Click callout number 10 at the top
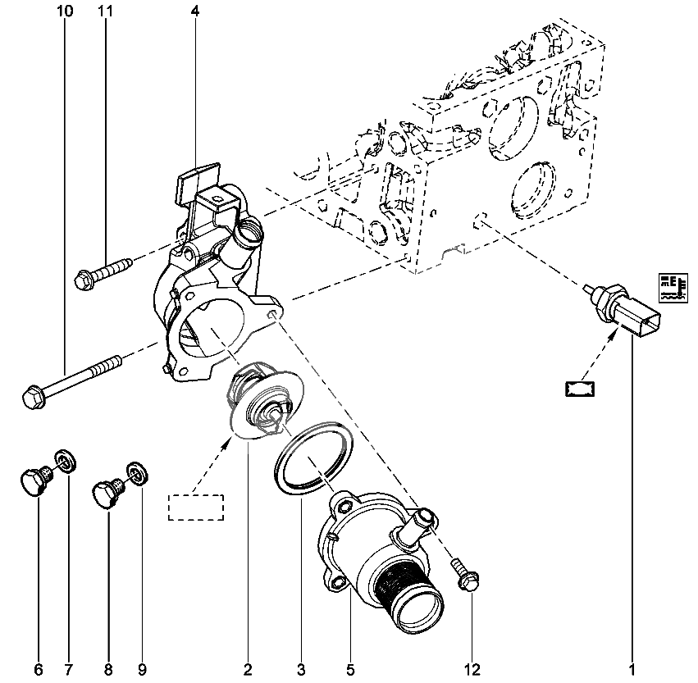point(66,11)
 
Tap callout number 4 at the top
point(194,11)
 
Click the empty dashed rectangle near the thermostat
point(196,507)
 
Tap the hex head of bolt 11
point(83,280)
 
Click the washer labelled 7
point(63,461)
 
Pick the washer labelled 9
point(137,474)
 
